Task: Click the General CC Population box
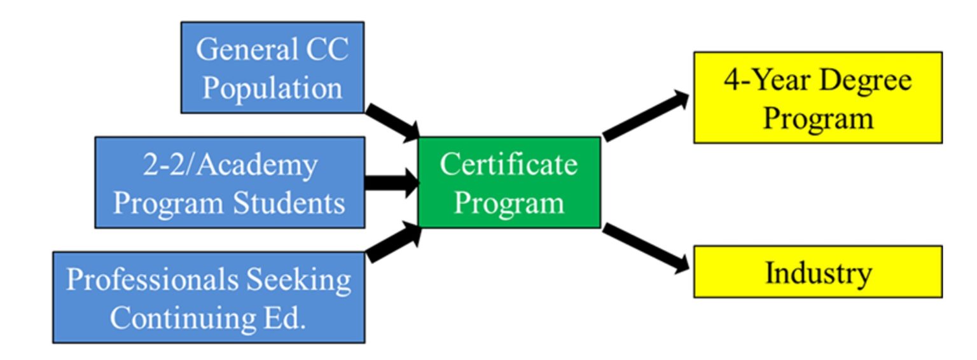click(272, 67)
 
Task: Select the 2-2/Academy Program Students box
click(230, 183)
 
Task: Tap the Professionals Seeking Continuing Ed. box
click(208, 297)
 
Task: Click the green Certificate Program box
click(509, 183)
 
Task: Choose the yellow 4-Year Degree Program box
click(817, 97)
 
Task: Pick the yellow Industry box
click(817, 272)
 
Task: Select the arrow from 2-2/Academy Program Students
click(391, 183)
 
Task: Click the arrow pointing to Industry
click(646, 248)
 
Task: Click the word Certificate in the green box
click(509, 164)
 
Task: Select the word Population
click(272, 88)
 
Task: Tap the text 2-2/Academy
click(230, 165)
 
